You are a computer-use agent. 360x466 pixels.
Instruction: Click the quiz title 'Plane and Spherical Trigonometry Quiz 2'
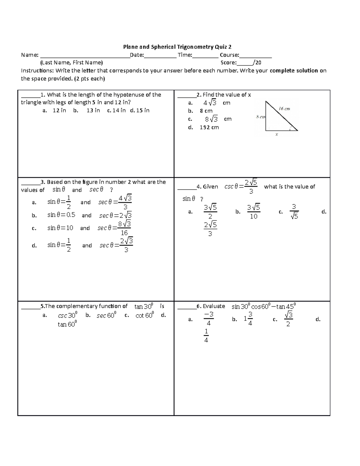[x=177, y=47]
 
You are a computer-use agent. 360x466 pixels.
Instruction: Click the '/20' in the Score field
[x=257, y=63]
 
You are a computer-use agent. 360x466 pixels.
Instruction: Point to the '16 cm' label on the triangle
[x=284, y=109]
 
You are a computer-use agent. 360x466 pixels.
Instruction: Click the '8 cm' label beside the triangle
[x=260, y=117]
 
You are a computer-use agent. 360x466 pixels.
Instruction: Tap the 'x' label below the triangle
[x=277, y=135]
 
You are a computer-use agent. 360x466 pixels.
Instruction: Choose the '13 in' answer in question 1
[x=93, y=110]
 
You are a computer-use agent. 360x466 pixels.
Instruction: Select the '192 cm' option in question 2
[x=209, y=127]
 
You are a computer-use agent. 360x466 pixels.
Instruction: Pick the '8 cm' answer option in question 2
[x=206, y=111]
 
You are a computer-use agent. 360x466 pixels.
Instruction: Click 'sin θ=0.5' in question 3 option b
[x=61, y=215]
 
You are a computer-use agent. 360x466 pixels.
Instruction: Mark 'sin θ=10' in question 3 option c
[x=60, y=228]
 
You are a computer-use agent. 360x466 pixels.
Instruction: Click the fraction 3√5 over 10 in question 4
[x=253, y=212]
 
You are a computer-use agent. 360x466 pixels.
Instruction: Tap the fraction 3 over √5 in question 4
[x=294, y=212]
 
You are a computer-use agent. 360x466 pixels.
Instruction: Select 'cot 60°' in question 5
[x=145, y=315]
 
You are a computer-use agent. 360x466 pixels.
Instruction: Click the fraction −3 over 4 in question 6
[x=208, y=319]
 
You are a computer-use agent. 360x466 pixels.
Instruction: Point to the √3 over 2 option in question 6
[x=288, y=319]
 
